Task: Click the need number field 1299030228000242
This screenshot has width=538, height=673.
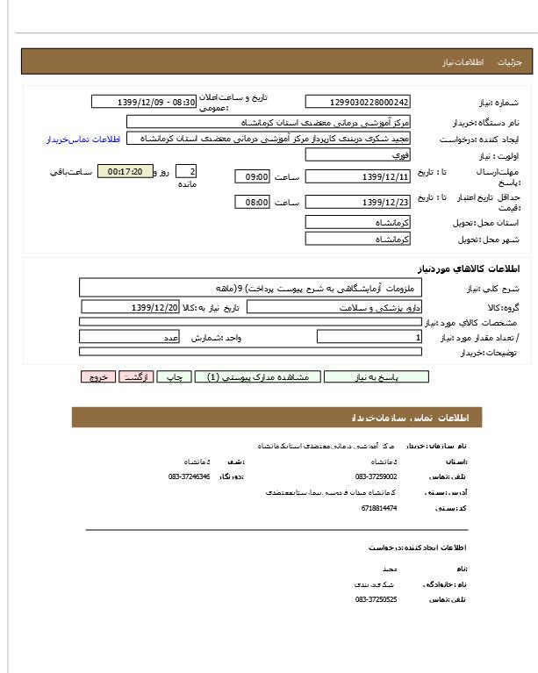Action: [357, 103]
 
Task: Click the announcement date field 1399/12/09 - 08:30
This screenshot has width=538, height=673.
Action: [143, 102]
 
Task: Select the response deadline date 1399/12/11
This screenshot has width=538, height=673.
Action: [357, 176]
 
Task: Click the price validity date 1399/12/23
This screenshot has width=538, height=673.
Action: [357, 202]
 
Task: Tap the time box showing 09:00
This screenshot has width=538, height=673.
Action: [253, 176]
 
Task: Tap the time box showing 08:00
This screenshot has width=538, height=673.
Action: [253, 202]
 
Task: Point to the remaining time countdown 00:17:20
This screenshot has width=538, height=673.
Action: [125, 171]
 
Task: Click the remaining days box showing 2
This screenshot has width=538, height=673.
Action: [186, 171]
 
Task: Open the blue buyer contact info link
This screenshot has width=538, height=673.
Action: [82, 140]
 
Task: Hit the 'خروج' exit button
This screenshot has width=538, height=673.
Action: [97, 376]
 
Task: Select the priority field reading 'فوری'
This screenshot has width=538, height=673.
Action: [357, 154]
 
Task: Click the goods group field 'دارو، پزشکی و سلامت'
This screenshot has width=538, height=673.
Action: [333, 307]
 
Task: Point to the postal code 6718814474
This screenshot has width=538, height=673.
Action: [378, 508]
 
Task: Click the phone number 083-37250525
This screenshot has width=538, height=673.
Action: [377, 599]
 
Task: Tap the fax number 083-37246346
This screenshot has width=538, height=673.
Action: [190, 476]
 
